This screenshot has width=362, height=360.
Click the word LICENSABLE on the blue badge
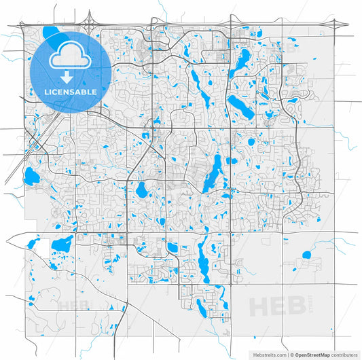click(70, 91)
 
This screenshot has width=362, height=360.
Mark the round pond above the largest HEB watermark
click(306, 255)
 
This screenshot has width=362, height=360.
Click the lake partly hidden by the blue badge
click(50, 32)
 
